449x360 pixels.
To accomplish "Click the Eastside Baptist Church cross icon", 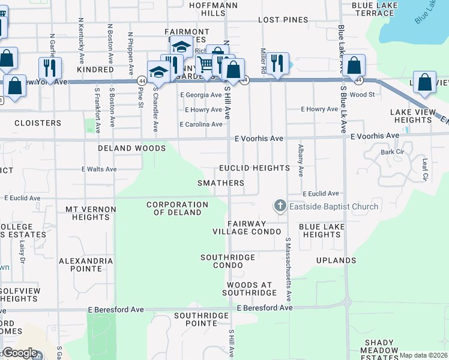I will [279, 206].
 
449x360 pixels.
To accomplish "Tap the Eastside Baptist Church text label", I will [334, 207].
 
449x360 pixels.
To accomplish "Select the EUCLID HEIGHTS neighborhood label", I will [254, 168].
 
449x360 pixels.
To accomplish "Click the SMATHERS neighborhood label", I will [221, 183].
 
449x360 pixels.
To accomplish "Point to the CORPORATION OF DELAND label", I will [177, 209].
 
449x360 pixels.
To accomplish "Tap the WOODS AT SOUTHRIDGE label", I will [250, 289].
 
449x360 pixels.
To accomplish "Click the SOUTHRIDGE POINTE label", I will [201, 320].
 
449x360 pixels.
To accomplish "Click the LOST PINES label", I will [283, 20].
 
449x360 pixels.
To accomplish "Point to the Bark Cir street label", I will [391, 152].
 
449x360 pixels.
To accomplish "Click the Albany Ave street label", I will [301, 161].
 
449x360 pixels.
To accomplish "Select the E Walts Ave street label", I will [99, 169].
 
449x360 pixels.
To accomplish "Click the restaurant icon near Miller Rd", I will [277, 64].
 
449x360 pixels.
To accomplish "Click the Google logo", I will [20, 353].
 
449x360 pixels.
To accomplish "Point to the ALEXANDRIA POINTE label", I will [85, 265].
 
